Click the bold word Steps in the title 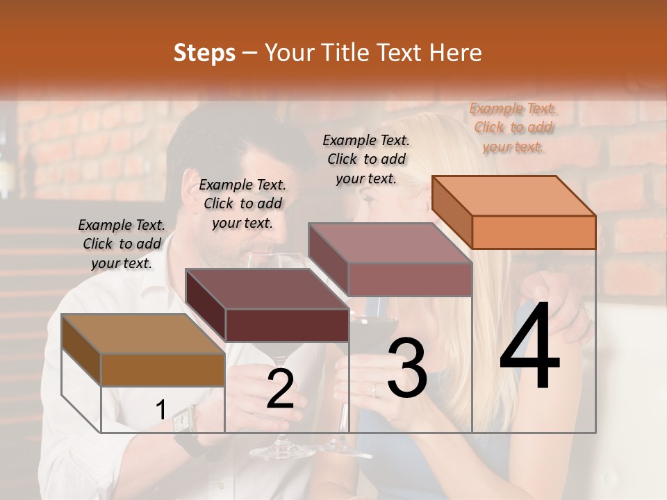(204, 53)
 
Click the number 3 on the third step (407, 369)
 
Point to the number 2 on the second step (280, 389)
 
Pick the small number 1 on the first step (160, 410)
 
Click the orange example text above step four (513, 127)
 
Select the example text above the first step (122, 244)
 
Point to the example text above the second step (242, 203)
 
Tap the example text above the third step (366, 159)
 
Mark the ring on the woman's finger (373, 390)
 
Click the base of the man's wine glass (281, 452)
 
